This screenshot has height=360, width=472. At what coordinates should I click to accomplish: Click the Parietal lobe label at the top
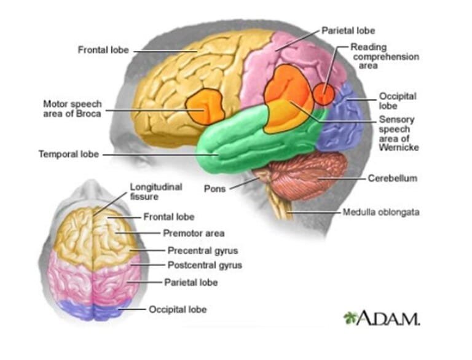click(x=348, y=30)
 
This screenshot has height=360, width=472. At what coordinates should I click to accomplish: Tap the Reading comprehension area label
click(x=385, y=56)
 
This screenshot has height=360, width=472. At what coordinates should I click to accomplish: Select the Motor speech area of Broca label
click(x=73, y=108)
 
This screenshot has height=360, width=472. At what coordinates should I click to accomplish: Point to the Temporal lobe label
click(x=68, y=154)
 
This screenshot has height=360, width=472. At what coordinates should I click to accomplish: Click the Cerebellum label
click(x=393, y=178)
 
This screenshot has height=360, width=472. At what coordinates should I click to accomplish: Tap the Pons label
click(x=214, y=189)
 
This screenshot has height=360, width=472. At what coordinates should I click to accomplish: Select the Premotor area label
click(x=194, y=233)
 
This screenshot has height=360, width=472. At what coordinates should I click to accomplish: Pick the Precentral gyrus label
click(x=202, y=250)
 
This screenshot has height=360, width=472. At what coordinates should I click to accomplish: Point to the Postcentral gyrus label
click(x=205, y=265)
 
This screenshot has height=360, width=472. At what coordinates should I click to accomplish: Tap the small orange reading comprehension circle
click(x=324, y=95)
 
